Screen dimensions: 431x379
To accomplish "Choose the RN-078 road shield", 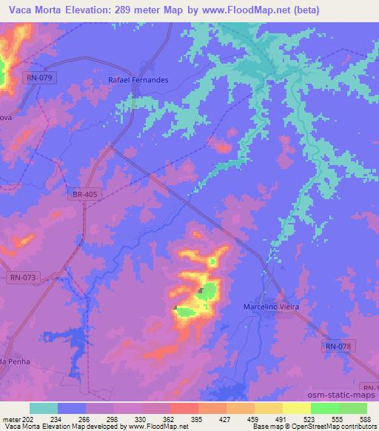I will [x=339, y=346].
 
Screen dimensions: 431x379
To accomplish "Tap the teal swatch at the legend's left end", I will [x=44, y=408].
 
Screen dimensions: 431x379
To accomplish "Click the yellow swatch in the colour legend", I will [x=297, y=408].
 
